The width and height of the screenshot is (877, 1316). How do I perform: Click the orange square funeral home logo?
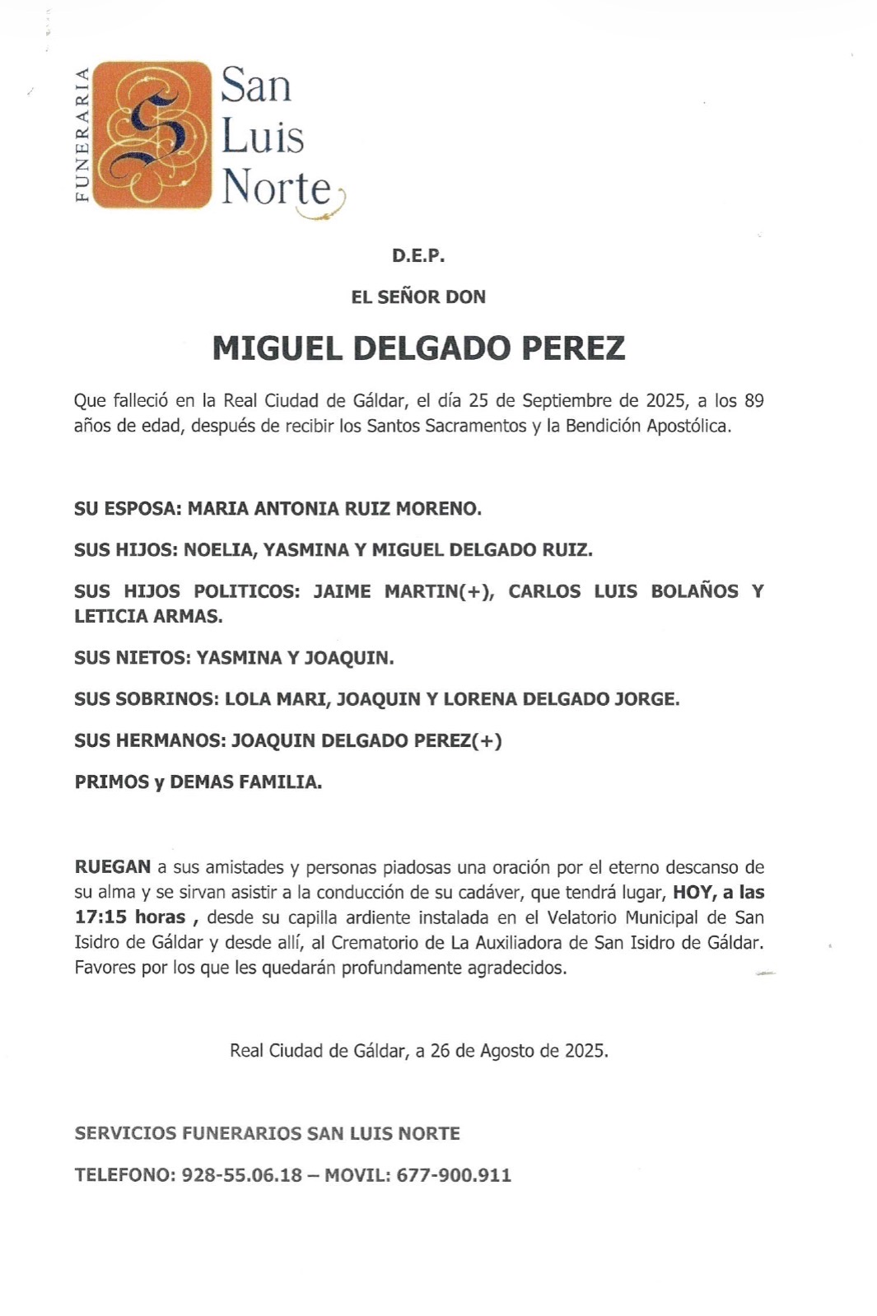[152, 134]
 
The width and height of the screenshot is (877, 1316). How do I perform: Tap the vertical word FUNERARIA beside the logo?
[82, 135]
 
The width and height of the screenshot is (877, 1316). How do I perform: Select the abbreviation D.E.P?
[418, 256]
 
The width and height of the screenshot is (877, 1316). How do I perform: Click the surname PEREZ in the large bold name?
[573, 348]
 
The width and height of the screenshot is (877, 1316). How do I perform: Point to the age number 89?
[753, 401]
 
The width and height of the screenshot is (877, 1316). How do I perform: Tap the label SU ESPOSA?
[128, 509]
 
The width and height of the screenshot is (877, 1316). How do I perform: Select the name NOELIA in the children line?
[218, 550]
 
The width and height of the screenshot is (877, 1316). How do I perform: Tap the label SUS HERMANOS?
[149, 740]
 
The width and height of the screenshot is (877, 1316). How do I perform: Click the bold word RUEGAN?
[113, 867]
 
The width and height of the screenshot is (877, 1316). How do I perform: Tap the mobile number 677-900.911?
[454, 1175]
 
